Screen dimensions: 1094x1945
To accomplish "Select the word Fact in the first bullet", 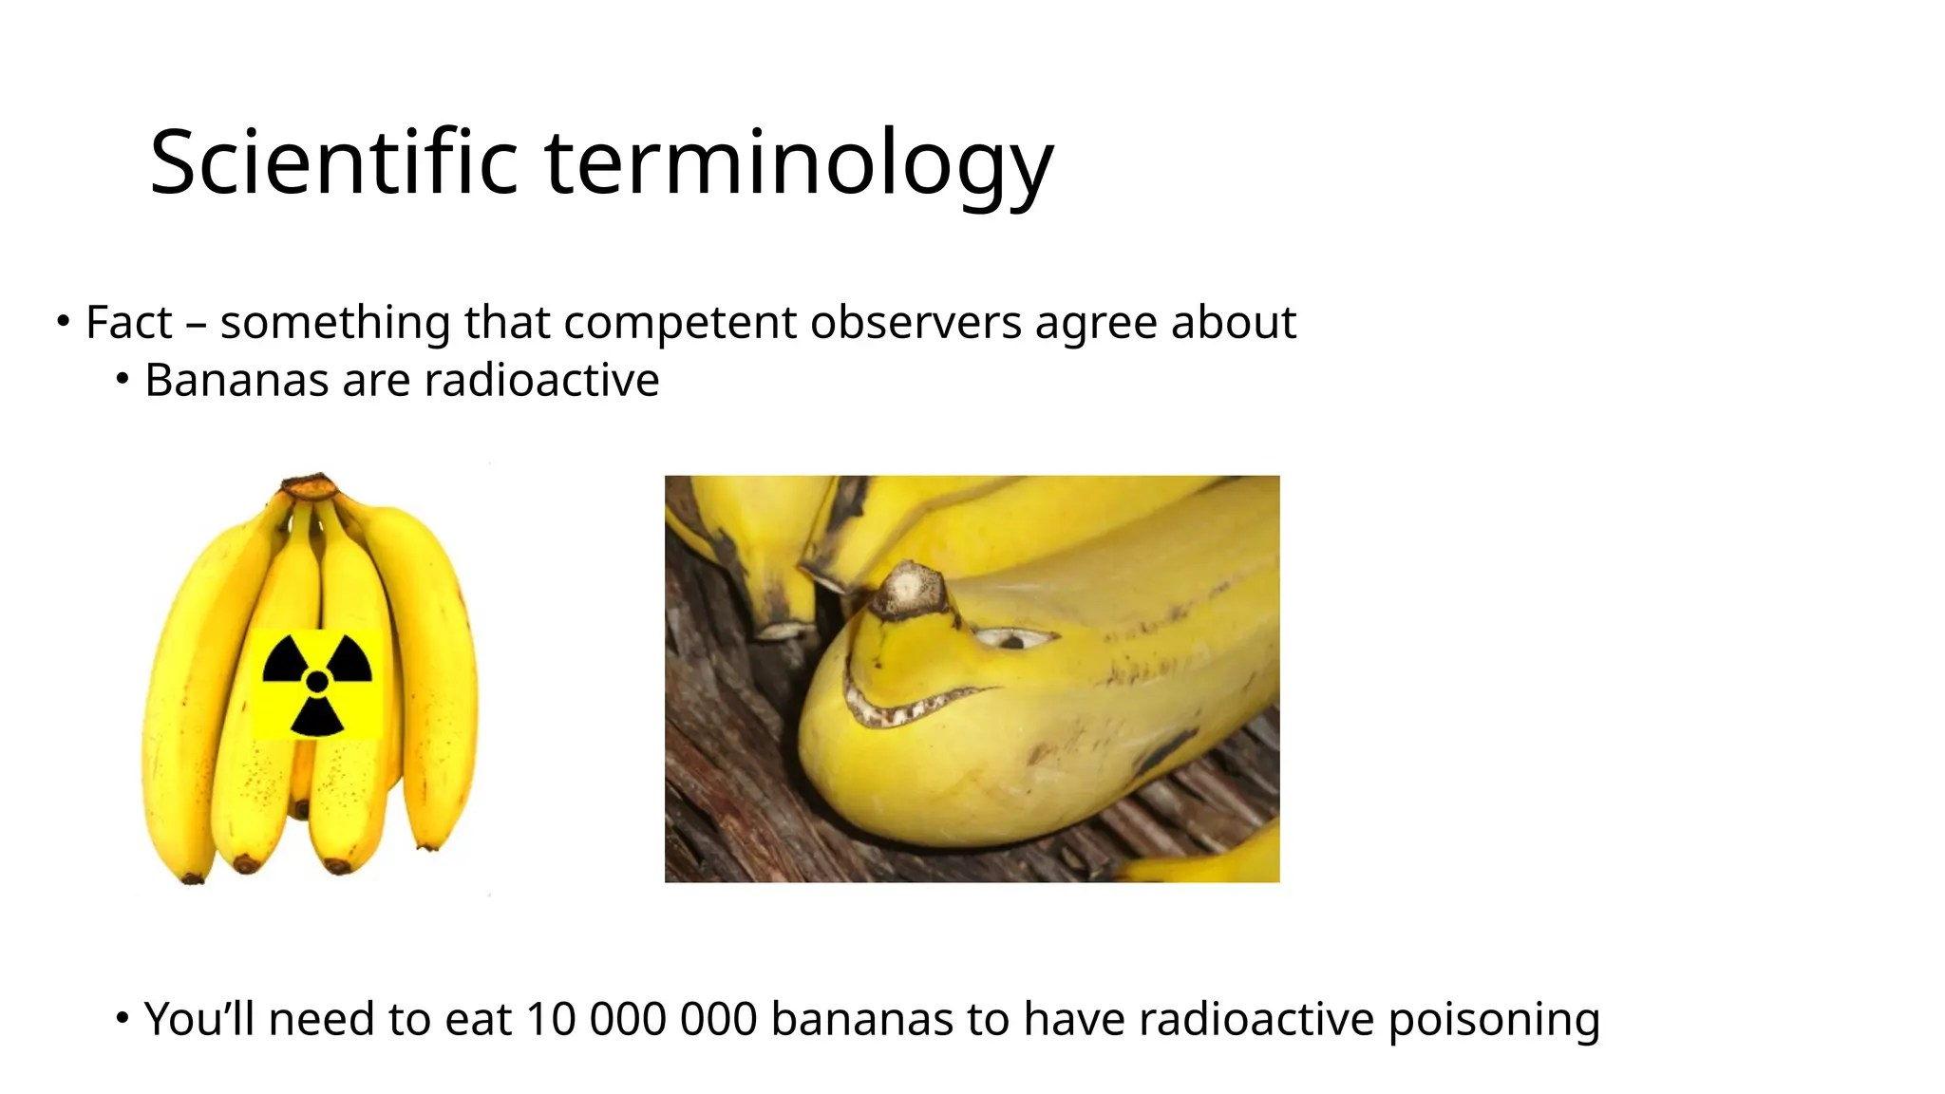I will click(129, 322).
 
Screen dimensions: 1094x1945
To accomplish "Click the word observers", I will click(917, 322).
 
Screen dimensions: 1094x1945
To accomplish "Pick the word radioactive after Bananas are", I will click(541, 381).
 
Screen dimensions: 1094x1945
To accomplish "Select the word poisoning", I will click(1494, 1019).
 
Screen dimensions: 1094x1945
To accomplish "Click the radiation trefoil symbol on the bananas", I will click(317, 683).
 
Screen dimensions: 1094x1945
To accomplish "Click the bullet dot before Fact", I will click(63, 321).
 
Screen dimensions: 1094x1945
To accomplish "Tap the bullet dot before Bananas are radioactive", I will click(122, 380).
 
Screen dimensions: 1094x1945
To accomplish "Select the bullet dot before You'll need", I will click(122, 1018).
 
